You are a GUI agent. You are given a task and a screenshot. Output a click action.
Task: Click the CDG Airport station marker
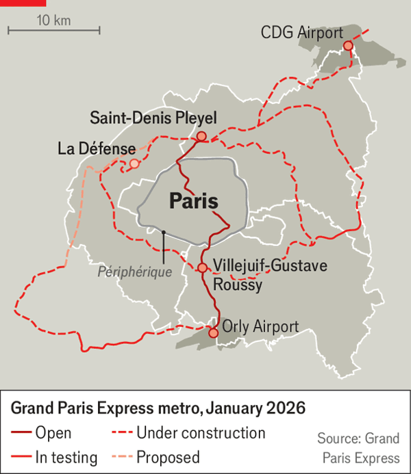tap(348, 45)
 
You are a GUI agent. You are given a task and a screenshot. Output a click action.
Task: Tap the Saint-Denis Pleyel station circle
tap(201, 137)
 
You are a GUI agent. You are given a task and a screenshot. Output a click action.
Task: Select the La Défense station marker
tap(134, 163)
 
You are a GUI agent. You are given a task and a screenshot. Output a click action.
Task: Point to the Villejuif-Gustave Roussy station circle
tap(202, 267)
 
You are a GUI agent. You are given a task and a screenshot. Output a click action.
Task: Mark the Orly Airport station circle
tap(212, 332)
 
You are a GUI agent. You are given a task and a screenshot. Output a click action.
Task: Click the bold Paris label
tap(193, 202)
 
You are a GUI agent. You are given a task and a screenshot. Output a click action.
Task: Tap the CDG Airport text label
tap(302, 32)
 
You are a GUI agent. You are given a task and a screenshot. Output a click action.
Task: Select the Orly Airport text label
tap(260, 327)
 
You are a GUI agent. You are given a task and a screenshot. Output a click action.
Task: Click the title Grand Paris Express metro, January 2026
tap(158, 408)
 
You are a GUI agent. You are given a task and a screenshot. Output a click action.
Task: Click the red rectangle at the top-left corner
tap(23, 3)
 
